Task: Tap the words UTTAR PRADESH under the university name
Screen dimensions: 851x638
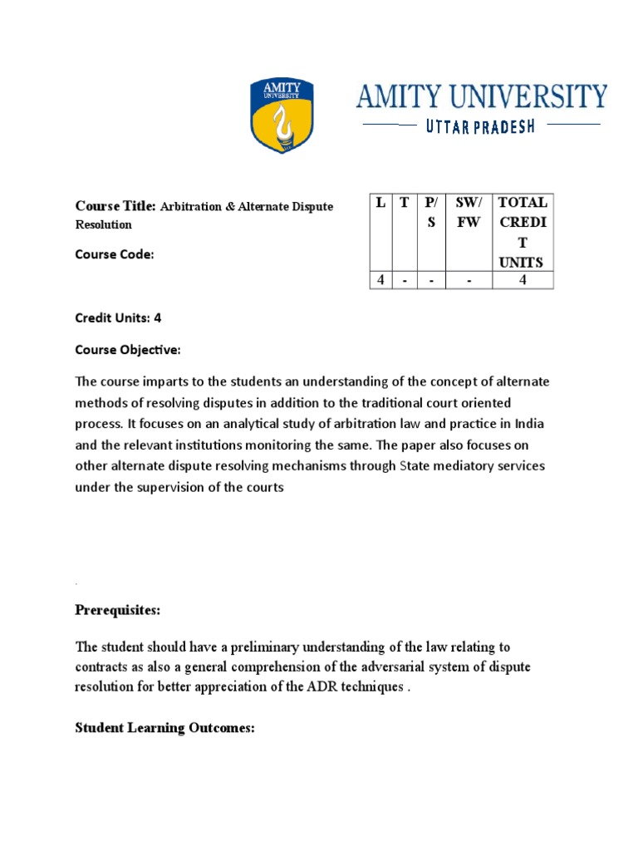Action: coord(481,126)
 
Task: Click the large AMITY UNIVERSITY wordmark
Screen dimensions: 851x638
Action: coord(481,96)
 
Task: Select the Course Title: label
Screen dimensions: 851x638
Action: coord(115,206)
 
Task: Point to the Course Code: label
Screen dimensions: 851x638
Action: coord(115,255)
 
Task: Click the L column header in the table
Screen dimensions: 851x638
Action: coord(380,202)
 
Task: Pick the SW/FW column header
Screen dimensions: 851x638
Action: coord(469,213)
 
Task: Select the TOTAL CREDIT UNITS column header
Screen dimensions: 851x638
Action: coord(522,232)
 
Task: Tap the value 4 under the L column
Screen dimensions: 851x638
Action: coord(380,280)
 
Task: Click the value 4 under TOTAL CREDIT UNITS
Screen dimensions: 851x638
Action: coord(522,280)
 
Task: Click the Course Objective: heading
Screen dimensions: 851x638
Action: coord(127,351)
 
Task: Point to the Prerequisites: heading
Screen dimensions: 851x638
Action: coord(118,611)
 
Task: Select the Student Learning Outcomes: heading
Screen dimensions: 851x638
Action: coord(164,728)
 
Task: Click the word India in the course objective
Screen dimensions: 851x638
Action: coord(528,424)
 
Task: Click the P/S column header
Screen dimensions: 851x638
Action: coord(430,213)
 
